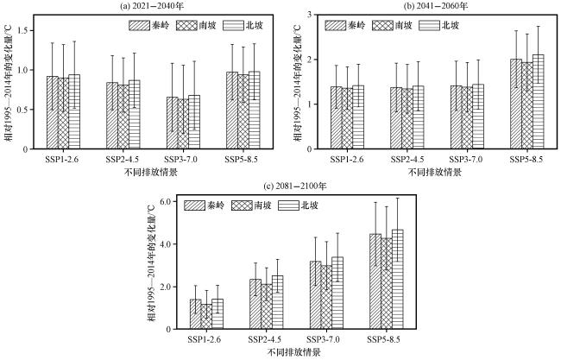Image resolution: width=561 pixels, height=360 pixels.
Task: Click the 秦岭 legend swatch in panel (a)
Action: point(142,25)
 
